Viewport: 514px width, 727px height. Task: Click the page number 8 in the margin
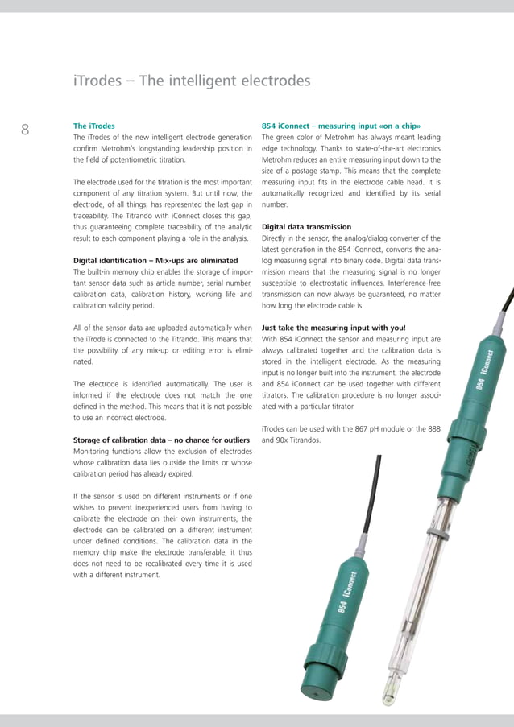[25, 130]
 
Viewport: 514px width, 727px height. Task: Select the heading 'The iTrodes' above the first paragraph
[94, 126]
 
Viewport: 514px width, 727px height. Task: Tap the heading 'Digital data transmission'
[307, 227]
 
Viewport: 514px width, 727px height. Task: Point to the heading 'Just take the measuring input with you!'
[334, 328]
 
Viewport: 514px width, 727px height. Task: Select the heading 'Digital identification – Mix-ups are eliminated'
[155, 260]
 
